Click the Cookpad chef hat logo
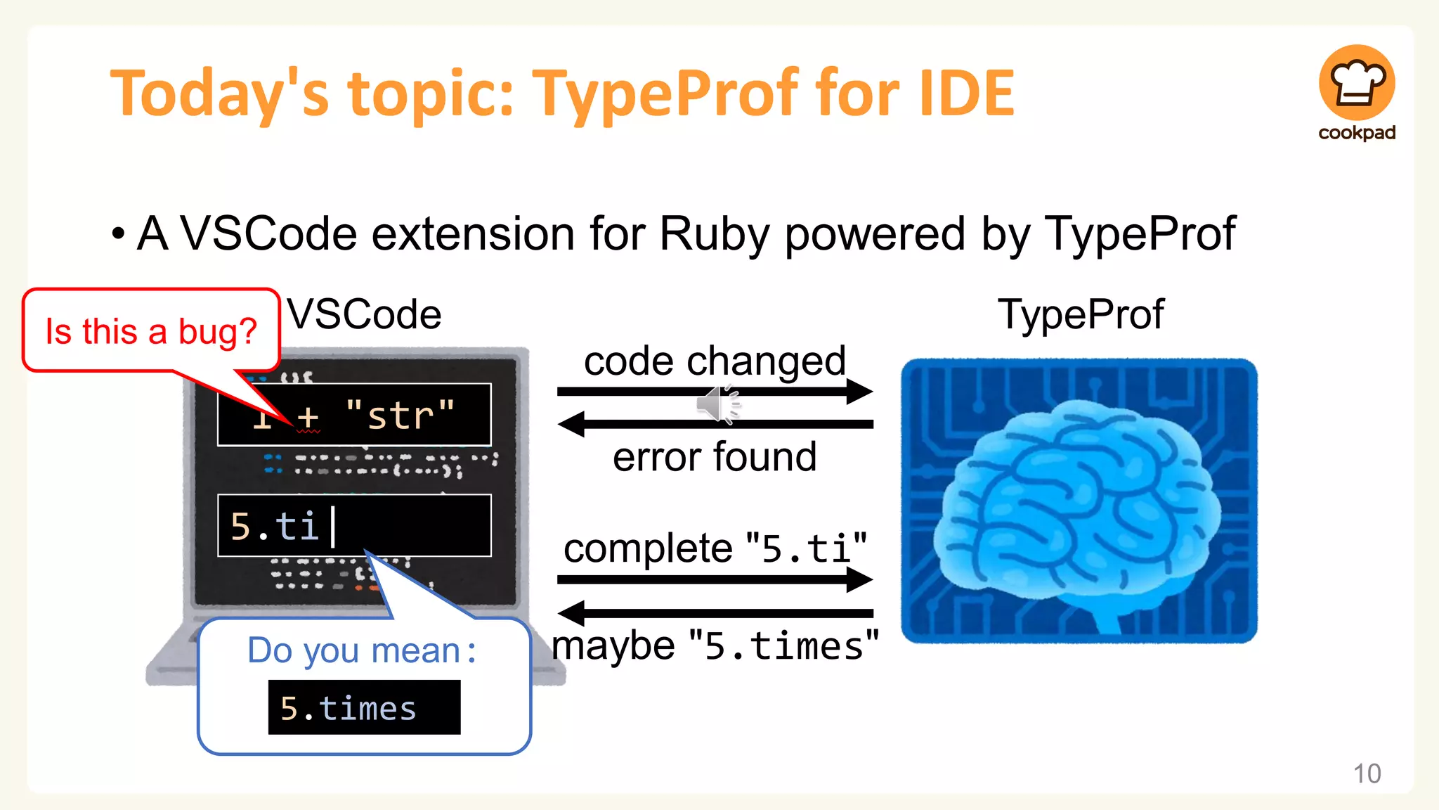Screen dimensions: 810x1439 point(1356,83)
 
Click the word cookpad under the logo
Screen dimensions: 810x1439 point(1356,132)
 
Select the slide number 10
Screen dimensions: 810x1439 point(1367,773)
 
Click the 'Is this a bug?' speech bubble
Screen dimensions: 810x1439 point(151,331)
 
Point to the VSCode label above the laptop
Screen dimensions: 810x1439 point(365,314)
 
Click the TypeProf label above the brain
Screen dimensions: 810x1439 point(1081,314)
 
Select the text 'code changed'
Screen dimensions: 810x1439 point(715,361)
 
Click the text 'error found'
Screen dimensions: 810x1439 point(715,456)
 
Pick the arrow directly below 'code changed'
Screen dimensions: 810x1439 point(715,391)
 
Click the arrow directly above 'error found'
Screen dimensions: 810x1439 point(715,424)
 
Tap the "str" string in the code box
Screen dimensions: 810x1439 point(401,415)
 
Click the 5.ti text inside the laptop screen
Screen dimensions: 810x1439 point(275,526)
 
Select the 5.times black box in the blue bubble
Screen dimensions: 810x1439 point(364,707)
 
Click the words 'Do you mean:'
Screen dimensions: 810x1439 point(362,650)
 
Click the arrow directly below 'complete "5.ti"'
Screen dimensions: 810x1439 point(715,579)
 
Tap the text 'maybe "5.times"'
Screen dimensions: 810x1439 point(715,645)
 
